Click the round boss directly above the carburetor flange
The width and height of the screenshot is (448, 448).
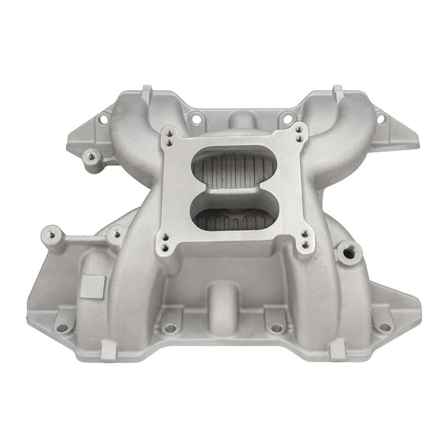[239, 121]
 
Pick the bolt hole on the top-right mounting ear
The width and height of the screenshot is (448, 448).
[382, 119]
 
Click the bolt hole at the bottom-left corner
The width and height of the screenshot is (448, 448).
[63, 327]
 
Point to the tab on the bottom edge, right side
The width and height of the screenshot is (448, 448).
[338, 351]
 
